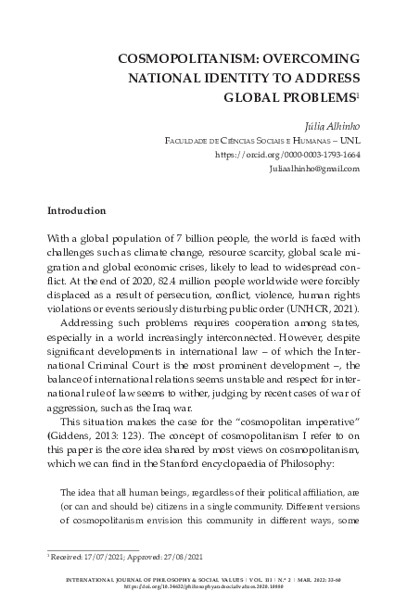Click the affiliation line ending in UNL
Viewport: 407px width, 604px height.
[x=262, y=140]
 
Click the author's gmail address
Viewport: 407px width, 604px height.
[x=313, y=170]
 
